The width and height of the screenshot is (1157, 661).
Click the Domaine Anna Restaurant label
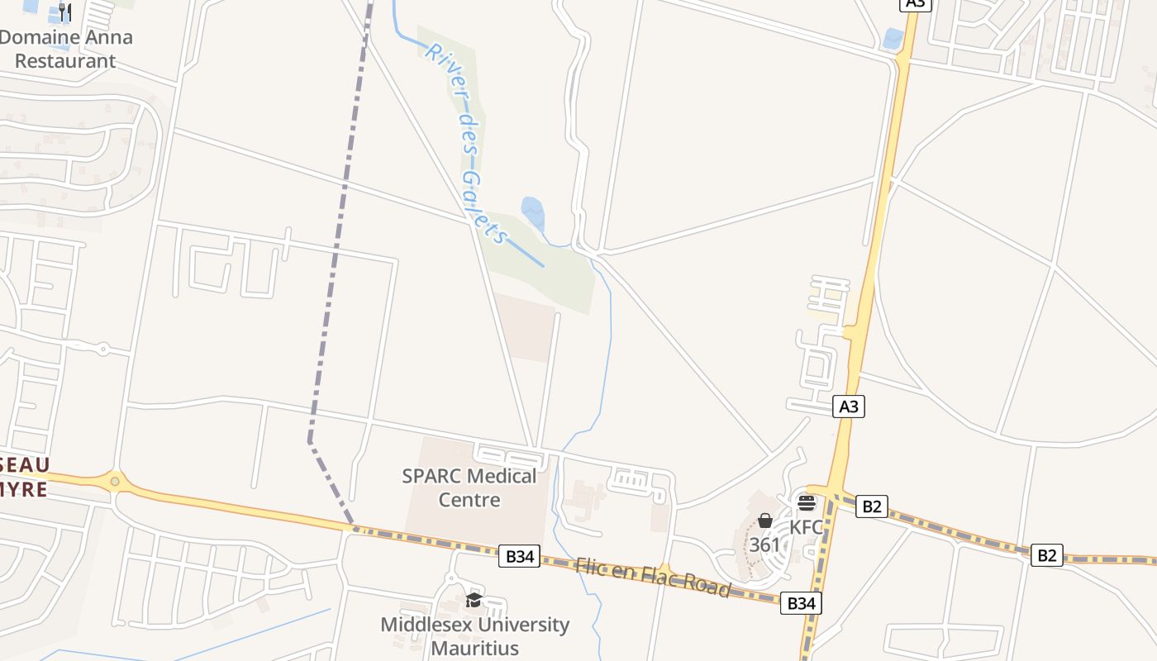pos(65,49)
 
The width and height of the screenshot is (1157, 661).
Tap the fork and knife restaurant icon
pos(66,12)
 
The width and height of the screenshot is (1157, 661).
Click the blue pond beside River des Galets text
pos(533,212)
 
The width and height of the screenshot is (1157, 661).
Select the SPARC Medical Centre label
pos(469,487)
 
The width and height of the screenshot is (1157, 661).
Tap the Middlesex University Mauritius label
pos(474,635)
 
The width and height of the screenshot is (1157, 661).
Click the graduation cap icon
pos(474,600)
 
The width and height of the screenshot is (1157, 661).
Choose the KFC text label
pos(806,527)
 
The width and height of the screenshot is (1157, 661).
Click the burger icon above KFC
pos(807,502)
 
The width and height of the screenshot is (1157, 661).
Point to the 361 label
pos(764,545)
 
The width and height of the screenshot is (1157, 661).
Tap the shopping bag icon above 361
pos(765,521)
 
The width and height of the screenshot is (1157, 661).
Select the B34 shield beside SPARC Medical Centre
pos(519,556)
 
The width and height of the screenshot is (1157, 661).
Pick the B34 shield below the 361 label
pos(801,603)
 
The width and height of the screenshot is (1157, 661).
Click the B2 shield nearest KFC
pos(871,506)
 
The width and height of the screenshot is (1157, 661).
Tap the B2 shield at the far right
pos(1046,555)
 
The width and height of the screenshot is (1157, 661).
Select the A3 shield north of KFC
pos(849,406)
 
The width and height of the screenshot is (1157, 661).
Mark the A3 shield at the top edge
pos(915,3)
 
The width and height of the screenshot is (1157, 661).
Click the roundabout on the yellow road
pos(115,480)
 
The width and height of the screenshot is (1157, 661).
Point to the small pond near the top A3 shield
pos(893,38)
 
